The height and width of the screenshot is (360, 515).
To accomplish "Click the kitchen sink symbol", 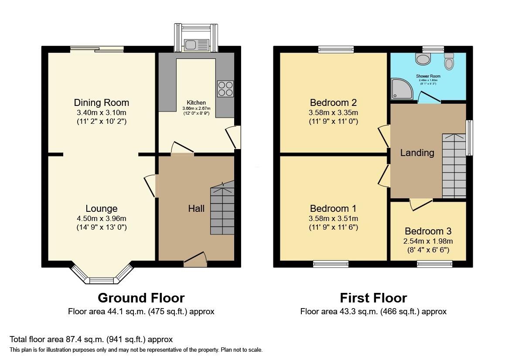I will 196,44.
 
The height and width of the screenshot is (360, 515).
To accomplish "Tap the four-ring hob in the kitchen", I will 225,88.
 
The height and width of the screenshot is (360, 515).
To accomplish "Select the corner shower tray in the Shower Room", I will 400,87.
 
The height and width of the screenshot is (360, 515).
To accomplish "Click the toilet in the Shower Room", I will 449,62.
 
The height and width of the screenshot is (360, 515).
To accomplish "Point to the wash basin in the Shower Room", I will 423,58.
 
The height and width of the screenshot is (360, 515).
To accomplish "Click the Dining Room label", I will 101,103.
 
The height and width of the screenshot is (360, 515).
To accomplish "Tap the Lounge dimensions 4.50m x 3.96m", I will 101,218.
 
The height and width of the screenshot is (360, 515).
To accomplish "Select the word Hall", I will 196,209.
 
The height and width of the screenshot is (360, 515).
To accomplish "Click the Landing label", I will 417,153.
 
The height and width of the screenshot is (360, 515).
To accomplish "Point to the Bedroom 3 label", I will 428,231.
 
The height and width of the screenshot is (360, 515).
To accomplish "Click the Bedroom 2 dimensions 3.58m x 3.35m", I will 334,112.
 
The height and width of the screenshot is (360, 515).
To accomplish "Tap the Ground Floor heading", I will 141,298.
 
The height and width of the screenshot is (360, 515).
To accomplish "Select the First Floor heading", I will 373,298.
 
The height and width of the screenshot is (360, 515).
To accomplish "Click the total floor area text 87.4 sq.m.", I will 91,339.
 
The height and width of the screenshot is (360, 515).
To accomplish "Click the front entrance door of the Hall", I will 195,260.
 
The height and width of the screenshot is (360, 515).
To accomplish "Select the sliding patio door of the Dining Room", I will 97,50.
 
